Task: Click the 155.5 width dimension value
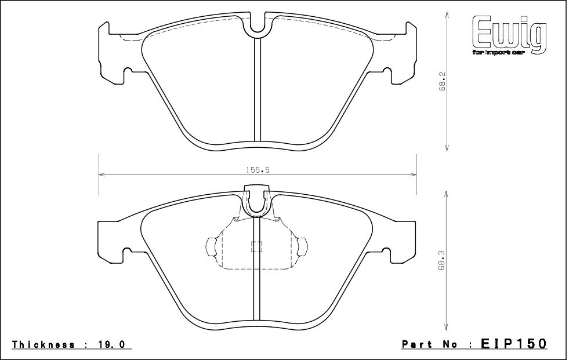coord(258,170)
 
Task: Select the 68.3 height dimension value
coord(443,264)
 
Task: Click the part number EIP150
coord(514,344)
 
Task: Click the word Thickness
coord(43,344)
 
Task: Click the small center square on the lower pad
coord(256,247)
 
